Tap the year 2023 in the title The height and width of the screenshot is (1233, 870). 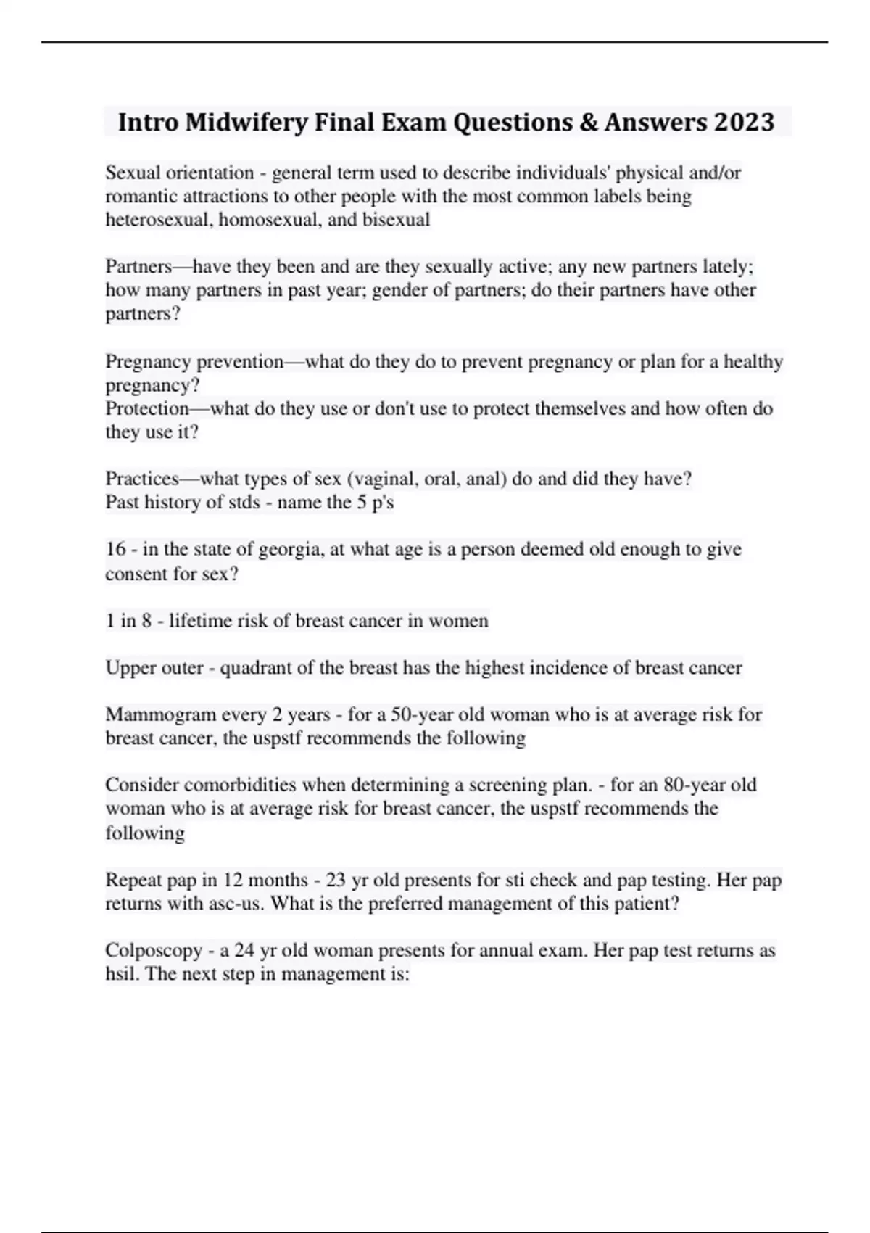click(745, 123)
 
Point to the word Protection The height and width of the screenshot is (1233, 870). click(147, 408)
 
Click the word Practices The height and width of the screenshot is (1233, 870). click(142, 479)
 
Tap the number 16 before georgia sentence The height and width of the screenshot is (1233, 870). click(115, 549)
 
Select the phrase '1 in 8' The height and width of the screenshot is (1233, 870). click(128, 621)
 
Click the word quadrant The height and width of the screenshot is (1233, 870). click(257, 667)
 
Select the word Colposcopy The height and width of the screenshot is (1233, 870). click(154, 950)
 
